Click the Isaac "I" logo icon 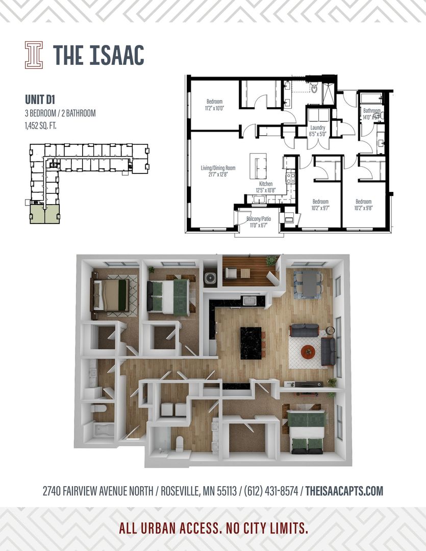pyautogui.click(x=34, y=55)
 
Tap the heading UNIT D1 pyautogui.click(x=41, y=99)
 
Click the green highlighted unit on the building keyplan pyautogui.click(x=44, y=215)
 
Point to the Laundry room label pyautogui.click(x=318, y=131)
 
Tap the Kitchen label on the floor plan pyautogui.click(x=266, y=187)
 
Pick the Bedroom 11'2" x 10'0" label pyautogui.click(x=215, y=104)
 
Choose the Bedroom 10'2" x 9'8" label pyautogui.click(x=364, y=204)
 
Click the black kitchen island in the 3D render pyautogui.click(x=251, y=343)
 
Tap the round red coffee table pyautogui.click(x=308, y=352)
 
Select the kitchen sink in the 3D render pyautogui.click(x=249, y=301)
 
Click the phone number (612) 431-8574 pyautogui.click(x=272, y=491)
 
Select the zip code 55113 pyautogui.click(x=223, y=491)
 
